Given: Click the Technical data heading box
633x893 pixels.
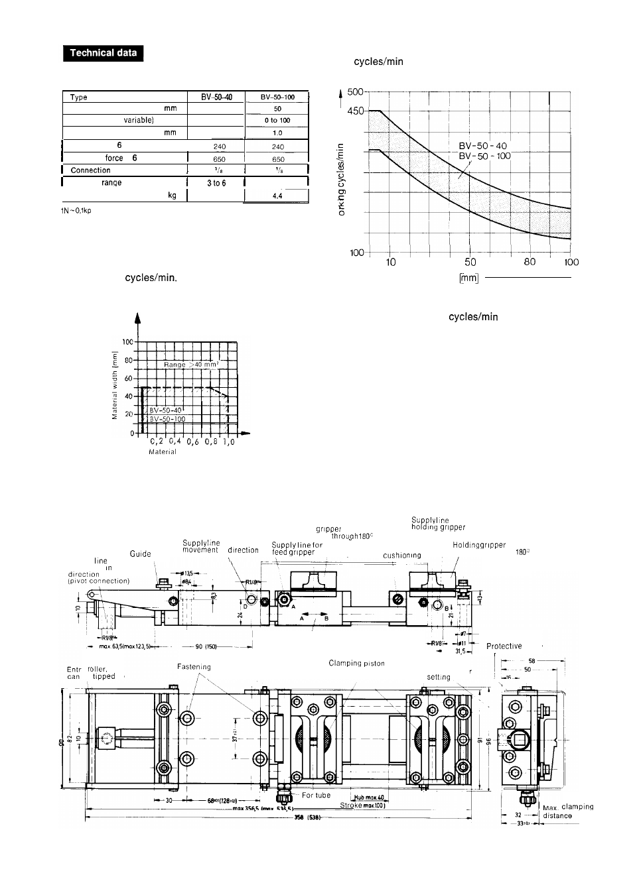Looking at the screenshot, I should (x=104, y=53).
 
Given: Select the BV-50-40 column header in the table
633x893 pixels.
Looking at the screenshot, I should (x=216, y=97).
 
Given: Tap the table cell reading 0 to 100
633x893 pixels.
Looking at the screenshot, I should (x=277, y=121).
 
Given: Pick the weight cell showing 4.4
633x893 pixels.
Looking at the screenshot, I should (x=277, y=196).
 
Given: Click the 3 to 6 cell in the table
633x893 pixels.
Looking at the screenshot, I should (x=216, y=182).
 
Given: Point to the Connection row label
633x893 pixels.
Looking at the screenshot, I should (x=91, y=170).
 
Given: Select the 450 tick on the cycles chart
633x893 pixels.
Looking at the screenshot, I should (x=356, y=111).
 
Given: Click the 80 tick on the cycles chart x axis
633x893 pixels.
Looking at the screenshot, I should (x=529, y=262).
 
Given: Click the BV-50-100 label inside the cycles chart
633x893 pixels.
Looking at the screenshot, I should (x=485, y=156).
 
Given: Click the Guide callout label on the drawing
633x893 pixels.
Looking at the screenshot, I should (x=140, y=554).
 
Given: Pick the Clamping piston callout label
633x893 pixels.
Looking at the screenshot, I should (x=356, y=663).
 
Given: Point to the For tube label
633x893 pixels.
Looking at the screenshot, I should (x=316, y=795).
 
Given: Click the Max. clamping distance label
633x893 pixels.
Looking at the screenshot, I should (x=567, y=811).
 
